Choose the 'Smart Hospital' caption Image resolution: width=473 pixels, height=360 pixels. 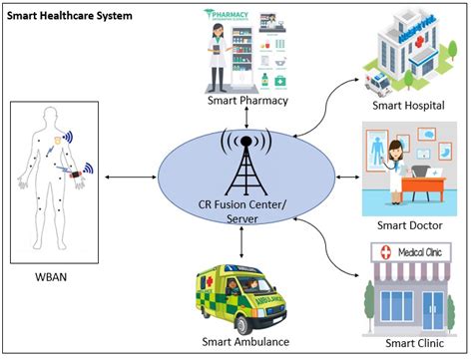click(x=407, y=106)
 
